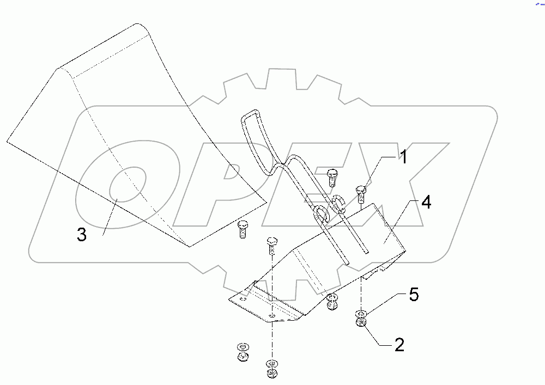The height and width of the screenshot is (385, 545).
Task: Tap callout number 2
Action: (399, 345)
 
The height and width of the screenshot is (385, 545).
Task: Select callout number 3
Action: (81, 235)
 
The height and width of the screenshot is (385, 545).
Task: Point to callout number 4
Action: (426, 203)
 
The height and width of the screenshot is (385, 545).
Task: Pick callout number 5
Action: (414, 295)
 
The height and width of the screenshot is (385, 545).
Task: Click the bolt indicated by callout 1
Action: (360, 193)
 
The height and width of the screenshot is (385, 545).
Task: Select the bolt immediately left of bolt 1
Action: (331, 177)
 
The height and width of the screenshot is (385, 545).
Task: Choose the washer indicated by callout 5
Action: (361, 314)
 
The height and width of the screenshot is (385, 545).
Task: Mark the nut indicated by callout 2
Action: (361, 324)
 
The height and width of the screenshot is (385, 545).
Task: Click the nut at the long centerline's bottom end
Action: (271, 374)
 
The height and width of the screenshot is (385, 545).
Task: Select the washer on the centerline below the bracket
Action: (271, 364)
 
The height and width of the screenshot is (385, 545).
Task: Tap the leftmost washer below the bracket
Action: (241, 347)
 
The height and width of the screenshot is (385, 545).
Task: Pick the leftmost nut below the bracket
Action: (241, 357)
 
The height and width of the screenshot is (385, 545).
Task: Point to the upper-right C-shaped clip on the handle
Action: (340, 201)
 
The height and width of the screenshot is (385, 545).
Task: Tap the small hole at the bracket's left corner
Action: (244, 298)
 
